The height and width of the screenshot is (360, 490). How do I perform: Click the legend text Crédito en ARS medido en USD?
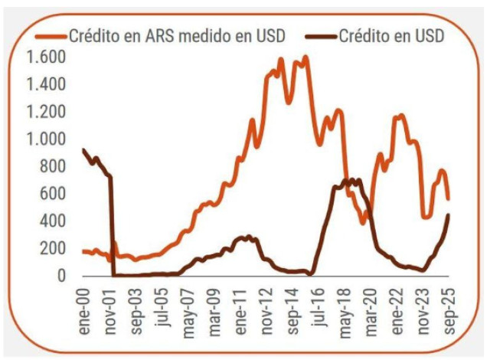click(178, 34)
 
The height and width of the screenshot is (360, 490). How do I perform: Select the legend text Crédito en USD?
click(391, 34)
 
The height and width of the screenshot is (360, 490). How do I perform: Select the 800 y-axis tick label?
click(54, 166)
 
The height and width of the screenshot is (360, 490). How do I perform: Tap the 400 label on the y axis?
click(54, 221)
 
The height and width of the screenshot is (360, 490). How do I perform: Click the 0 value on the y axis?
click(63, 276)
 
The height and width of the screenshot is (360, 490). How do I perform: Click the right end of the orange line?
click(449, 199)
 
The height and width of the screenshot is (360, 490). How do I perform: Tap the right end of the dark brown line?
click(449, 214)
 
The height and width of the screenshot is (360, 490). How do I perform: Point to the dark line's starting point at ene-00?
click(83, 149)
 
